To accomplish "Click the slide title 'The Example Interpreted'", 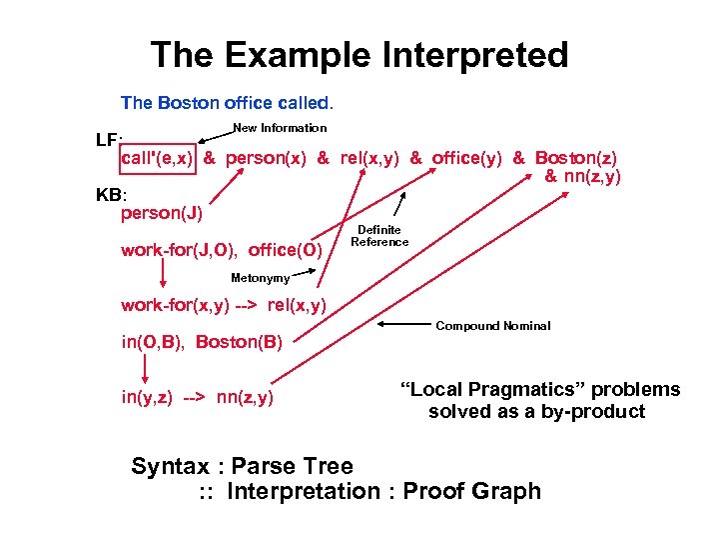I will click(359, 54).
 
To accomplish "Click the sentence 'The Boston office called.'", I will click(228, 103).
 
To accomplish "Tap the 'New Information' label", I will click(280, 128).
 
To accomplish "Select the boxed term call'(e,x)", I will click(158, 158).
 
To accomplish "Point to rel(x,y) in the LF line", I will click(368, 158).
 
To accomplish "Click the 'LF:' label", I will click(109, 141).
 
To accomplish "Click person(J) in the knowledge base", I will click(161, 213).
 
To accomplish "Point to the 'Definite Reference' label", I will click(379, 236).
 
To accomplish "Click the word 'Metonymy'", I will click(260, 278).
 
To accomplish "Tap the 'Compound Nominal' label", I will click(493, 326).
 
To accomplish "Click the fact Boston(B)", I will click(240, 342).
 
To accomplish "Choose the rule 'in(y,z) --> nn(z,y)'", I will click(198, 399).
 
